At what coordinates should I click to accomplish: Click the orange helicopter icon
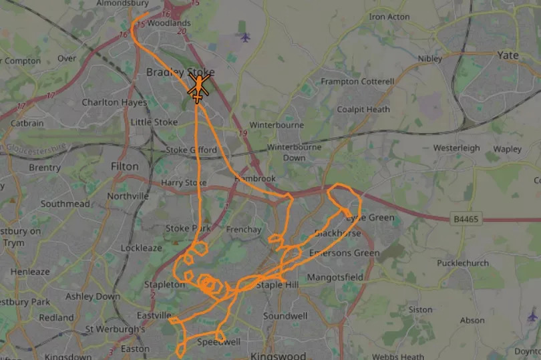[198, 88]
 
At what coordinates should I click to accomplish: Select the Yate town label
[508, 55]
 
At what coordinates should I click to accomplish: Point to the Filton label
[125, 166]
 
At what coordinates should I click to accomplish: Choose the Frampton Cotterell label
[357, 81]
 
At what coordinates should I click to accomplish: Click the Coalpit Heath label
[363, 110]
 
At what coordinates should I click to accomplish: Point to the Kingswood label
[278, 356]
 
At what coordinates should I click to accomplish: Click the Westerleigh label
[456, 148]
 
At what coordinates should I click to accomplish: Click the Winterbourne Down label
[294, 152]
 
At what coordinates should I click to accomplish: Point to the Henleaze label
[29, 272]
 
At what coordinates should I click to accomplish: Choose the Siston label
[420, 310]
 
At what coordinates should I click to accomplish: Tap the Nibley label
[430, 59]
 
